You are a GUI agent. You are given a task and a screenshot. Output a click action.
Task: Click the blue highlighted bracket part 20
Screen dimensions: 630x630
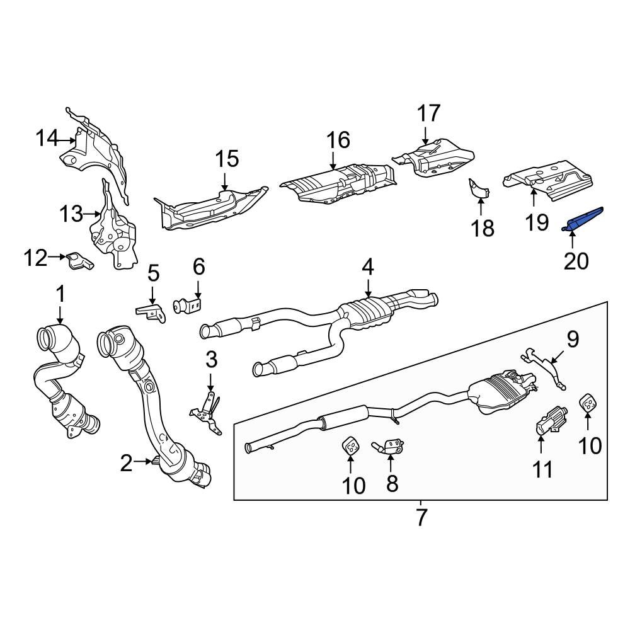[x=585, y=218]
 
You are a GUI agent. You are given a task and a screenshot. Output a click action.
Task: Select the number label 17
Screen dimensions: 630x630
[x=428, y=113]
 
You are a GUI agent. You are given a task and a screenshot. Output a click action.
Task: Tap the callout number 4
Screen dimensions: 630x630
[x=367, y=267]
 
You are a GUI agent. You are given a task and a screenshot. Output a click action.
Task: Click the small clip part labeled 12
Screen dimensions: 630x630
[x=79, y=261]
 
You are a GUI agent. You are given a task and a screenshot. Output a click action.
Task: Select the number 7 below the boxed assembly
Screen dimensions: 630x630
[x=421, y=517]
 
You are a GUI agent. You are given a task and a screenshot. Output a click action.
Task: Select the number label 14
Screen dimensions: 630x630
[x=45, y=137]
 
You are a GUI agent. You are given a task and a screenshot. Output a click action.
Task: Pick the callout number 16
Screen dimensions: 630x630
[x=338, y=140]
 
